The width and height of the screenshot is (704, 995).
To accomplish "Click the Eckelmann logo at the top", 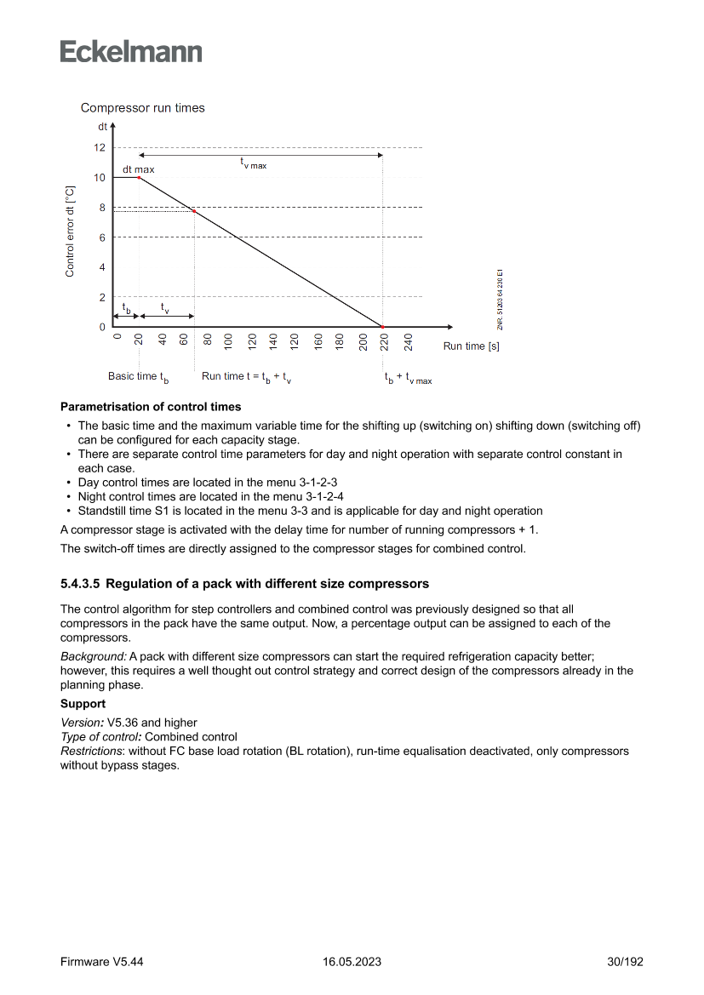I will (x=131, y=52).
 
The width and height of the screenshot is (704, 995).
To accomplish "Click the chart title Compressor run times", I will (x=142, y=108).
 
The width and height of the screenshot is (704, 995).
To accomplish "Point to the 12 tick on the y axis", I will (x=100, y=147).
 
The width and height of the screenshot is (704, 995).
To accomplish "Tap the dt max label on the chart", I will (x=138, y=169).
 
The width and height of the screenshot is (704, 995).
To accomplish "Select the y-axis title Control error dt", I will (x=70, y=231).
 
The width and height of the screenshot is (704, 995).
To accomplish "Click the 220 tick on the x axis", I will (x=384, y=342).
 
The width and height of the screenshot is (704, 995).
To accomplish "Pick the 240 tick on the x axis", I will (x=408, y=342).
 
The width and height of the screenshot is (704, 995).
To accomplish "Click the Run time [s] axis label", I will (x=471, y=346).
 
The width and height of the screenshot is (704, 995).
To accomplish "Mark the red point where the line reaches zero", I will (x=382, y=327).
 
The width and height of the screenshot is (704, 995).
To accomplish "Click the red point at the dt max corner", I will (x=139, y=177).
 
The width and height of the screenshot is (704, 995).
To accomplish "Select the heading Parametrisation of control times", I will (x=151, y=407).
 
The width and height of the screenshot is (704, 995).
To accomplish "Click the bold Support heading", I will (x=83, y=705).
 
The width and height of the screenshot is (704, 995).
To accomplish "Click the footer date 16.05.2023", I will (x=352, y=962).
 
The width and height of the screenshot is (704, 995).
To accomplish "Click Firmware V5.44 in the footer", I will (x=101, y=962).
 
